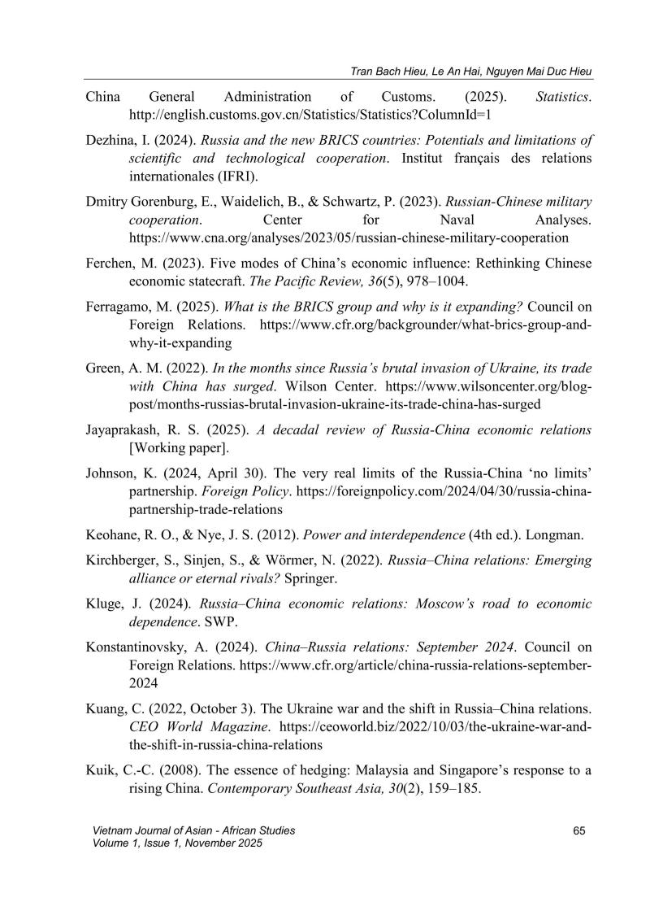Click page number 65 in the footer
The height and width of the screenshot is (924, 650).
point(579,830)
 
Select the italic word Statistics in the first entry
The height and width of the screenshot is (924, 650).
point(563,97)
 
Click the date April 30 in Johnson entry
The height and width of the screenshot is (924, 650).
point(229,494)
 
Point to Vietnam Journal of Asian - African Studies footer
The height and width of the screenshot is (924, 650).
point(194,830)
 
